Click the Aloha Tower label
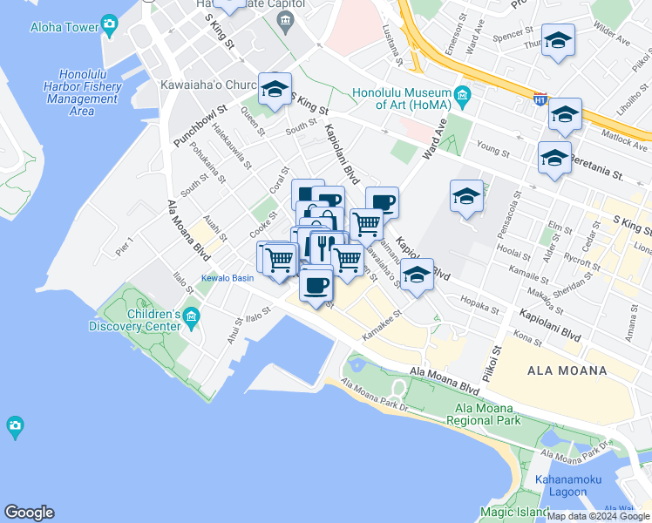65,27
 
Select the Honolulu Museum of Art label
402,98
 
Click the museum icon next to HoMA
462,94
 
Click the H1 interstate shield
541,100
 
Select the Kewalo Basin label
228,278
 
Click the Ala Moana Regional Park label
483,414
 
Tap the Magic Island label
514,512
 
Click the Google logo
29,513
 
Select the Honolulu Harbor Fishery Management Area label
81,92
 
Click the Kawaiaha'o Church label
209,85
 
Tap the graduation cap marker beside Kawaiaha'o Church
275,89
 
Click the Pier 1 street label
126,246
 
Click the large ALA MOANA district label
567,370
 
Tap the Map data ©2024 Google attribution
599,516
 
